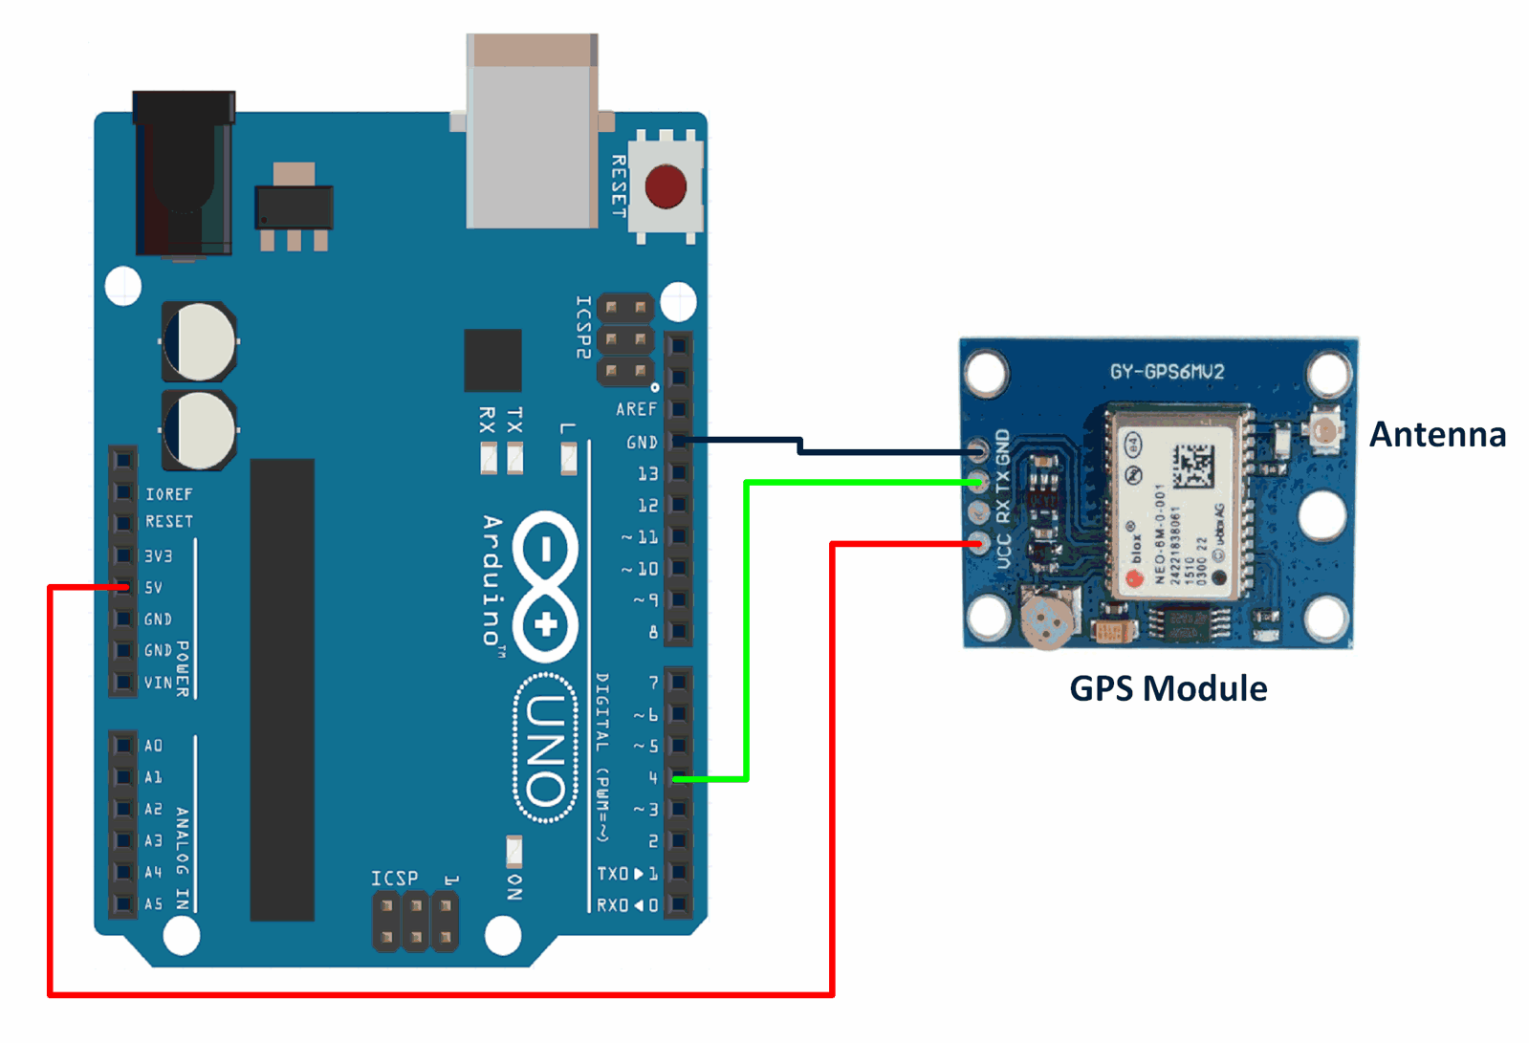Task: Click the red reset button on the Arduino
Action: point(666,186)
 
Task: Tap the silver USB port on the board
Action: point(532,134)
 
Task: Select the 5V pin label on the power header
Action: point(154,588)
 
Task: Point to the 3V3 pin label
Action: point(159,556)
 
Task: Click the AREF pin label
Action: point(636,409)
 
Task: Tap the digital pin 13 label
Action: point(647,473)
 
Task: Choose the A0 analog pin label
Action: point(154,746)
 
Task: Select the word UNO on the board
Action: point(546,750)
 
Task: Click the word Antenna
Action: point(1437,435)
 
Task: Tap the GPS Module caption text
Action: point(1168,689)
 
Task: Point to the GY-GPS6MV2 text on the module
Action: point(1167,372)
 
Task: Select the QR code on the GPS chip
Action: point(1192,466)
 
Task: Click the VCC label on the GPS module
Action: point(1004,551)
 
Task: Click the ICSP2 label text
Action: point(582,327)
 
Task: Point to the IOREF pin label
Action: point(169,494)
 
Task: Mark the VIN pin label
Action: point(159,683)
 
